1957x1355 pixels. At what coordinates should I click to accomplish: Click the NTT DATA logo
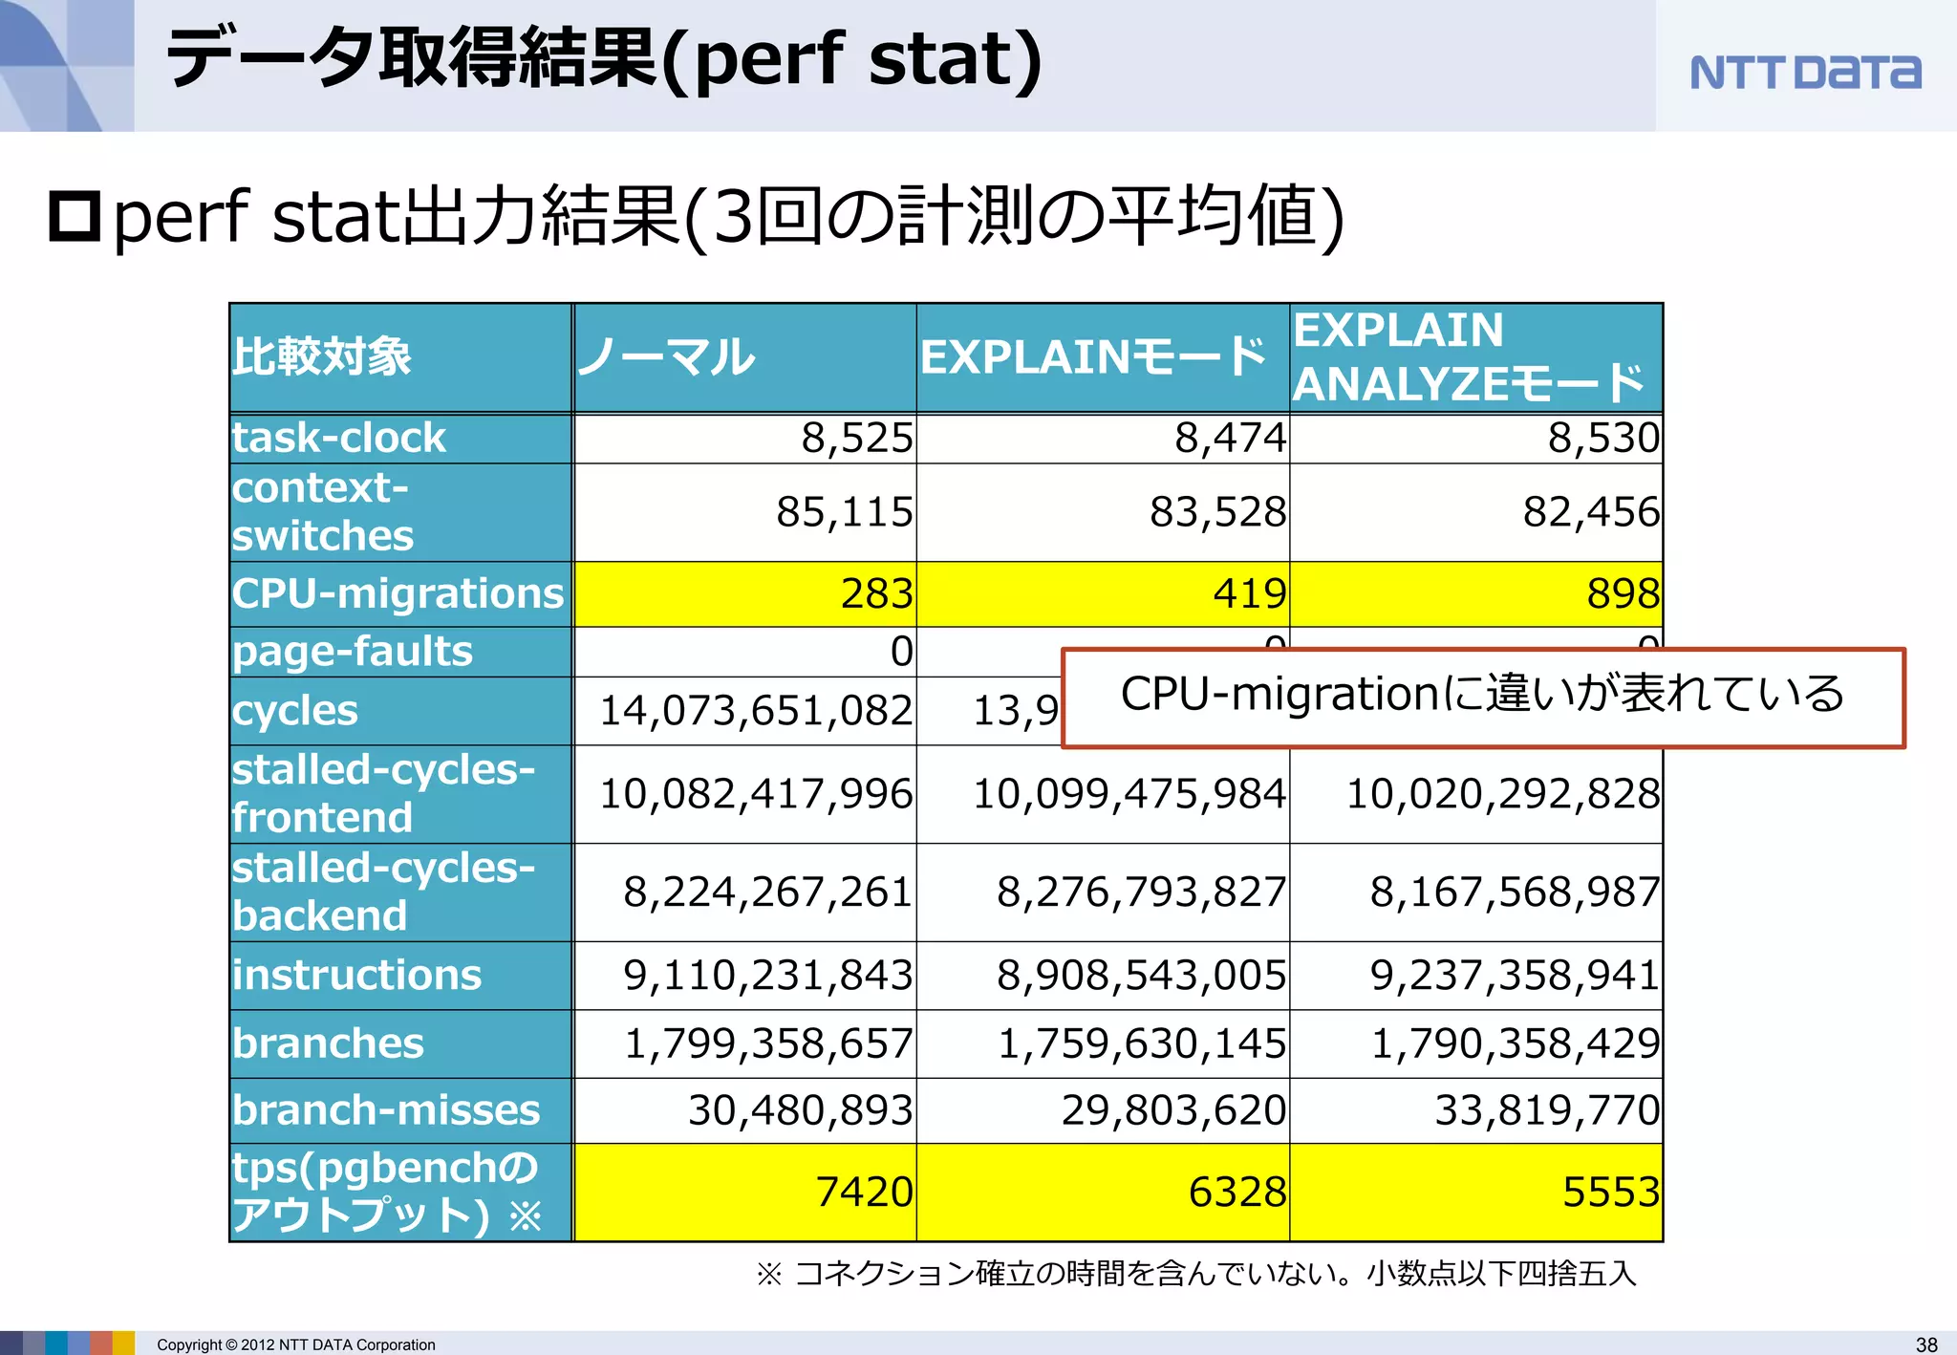click(1804, 73)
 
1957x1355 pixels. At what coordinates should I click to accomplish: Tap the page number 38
click(1926, 1344)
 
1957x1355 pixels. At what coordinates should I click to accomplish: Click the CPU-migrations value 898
click(1623, 593)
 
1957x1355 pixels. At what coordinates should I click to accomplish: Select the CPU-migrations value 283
click(876, 593)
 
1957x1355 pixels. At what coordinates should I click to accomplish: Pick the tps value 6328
click(1237, 1193)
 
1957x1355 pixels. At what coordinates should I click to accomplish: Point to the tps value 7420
click(864, 1193)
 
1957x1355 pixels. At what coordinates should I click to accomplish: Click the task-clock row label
click(339, 439)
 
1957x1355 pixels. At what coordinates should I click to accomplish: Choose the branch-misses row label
click(386, 1110)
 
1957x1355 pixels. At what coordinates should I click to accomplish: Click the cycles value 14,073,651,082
click(755, 711)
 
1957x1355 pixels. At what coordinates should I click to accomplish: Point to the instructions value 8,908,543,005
click(1141, 976)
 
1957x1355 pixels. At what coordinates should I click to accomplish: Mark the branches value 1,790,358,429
click(1515, 1043)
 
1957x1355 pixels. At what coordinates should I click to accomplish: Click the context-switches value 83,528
click(1217, 512)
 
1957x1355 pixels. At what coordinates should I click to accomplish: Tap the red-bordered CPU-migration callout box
click(1482, 697)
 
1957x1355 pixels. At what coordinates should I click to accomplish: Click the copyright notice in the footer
click(295, 1344)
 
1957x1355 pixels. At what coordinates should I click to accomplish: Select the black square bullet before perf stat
click(75, 216)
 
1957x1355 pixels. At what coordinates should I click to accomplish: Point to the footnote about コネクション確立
click(1195, 1274)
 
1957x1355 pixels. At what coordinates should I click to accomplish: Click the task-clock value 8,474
click(1230, 439)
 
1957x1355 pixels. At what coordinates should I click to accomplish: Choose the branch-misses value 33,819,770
click(1546, 1110)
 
